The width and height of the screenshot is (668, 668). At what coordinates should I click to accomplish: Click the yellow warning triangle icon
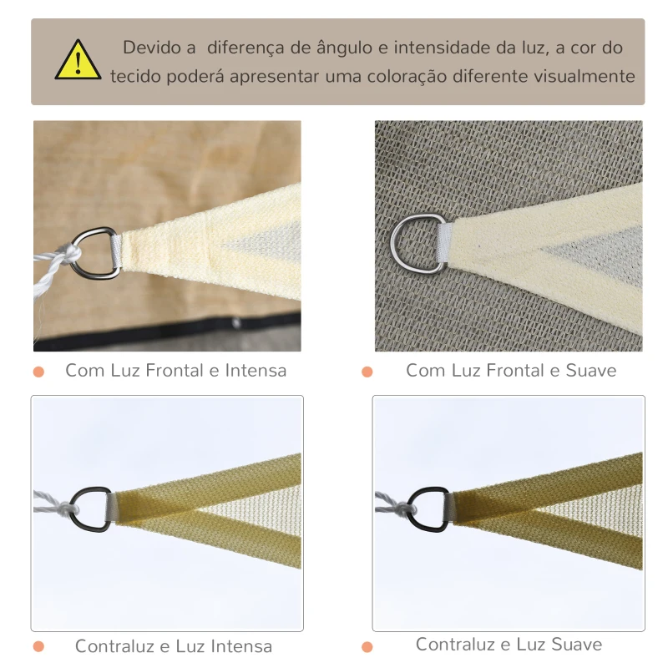point(78,61)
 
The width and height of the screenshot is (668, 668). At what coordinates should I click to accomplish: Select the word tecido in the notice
point(135,76)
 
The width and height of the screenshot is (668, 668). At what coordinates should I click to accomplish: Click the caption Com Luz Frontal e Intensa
point(175,370)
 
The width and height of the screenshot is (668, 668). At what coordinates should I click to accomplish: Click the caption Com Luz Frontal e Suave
point(511,370)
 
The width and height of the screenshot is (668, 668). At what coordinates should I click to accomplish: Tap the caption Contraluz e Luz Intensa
point(174,646)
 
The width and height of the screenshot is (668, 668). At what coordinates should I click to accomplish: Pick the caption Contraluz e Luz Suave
point(509,644)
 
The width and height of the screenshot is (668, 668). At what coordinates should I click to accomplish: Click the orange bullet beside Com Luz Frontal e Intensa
point(39,372)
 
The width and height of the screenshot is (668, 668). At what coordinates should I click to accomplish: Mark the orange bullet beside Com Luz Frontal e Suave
point(367,372)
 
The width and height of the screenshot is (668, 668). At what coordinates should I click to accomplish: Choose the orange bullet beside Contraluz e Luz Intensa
point(39,647)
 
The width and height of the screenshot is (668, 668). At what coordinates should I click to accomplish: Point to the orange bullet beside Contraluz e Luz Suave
point(367,647)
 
